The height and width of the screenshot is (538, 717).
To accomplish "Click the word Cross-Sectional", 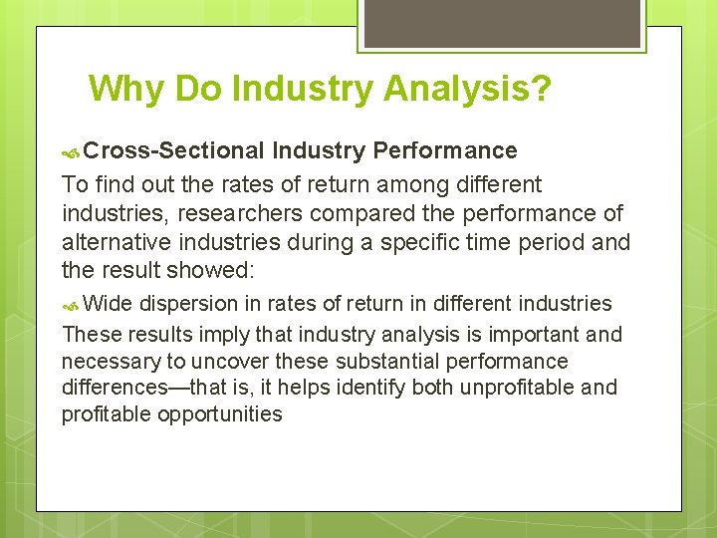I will tap(174, 150).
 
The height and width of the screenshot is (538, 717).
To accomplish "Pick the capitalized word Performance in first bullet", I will tap(445, 150).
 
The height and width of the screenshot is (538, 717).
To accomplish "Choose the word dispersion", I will tap(188, 304).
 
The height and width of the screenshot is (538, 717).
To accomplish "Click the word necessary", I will tap(111, 361).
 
